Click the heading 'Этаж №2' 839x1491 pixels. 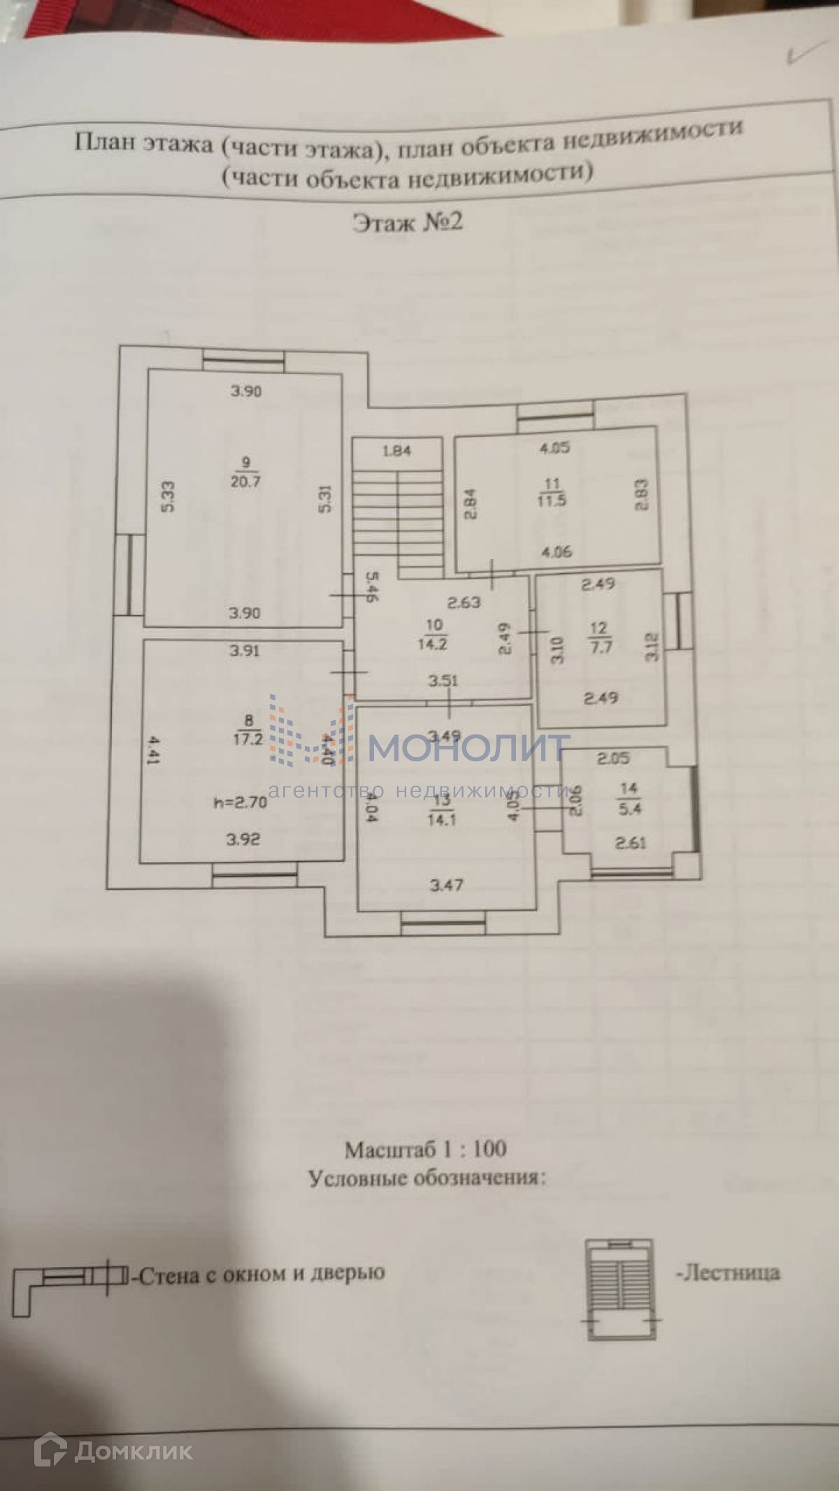(x=408, y=222)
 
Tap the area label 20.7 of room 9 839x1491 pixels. (x=245, y=482)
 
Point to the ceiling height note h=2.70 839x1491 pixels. (x=241, y=802)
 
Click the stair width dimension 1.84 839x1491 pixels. (x=396, y=451)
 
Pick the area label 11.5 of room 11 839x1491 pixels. (x=552, y=500)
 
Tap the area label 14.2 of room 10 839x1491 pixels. (x=432, y=644)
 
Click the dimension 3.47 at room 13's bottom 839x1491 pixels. (x=446, y=886)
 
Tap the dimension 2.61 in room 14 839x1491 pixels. (x=630, y=843)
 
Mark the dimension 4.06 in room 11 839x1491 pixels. (x=557, y=552)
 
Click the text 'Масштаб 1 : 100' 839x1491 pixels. (x=425, y=1148)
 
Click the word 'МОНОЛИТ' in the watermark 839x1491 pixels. (x=468, y=748)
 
